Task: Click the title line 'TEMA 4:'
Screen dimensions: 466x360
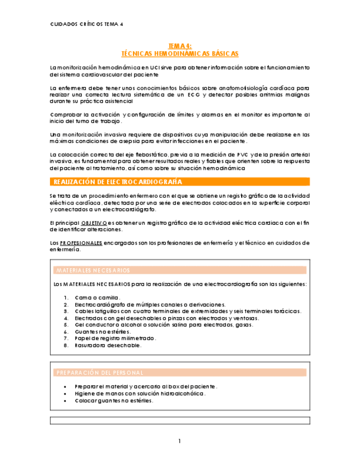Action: (x=180, y=47)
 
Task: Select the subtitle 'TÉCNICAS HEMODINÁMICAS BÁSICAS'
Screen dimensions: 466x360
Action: (x=180, y=54)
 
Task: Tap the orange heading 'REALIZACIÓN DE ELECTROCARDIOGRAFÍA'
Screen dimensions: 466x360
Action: (x=117, y=182)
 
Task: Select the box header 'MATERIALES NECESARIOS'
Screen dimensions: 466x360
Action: (x=93, y=270)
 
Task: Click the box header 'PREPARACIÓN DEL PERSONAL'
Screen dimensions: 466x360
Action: (x=99, y=373)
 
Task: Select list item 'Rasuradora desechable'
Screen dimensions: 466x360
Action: (x=108, y=346)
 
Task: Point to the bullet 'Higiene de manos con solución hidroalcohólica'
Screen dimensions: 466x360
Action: (x=140, y=393)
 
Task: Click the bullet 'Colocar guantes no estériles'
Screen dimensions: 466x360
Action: (x=114, y=401)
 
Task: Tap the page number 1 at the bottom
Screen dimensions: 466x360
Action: (x=180, y=441)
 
